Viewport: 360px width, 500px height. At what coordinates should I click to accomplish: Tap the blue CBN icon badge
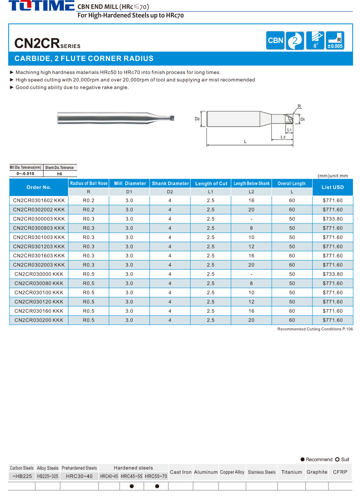[x=275, y=41]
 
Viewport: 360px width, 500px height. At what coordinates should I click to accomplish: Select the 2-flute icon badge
[x=295, y=41]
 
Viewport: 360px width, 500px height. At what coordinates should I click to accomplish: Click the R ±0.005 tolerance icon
[x=335, y=41]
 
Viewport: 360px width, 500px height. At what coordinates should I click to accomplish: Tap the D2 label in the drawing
[x=197, y=119]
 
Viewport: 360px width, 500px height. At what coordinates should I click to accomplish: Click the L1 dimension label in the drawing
[x=289, y=130]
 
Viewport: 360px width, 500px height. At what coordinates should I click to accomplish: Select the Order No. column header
[x=39, y=187]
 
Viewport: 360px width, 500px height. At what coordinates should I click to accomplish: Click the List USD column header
[x=333, y=187]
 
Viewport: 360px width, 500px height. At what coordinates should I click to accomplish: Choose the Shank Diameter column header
[x=170, y=183]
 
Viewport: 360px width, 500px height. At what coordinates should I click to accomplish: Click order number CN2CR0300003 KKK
[x=39, y=219]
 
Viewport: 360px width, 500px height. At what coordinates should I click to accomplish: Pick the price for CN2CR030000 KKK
[x=333, y=274]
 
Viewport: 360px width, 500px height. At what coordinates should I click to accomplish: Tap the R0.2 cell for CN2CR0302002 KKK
[x=88, y=210]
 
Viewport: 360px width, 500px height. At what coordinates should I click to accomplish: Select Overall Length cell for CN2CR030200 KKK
[x=292, y=320]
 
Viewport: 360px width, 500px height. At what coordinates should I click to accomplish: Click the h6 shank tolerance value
[x=59, y=174]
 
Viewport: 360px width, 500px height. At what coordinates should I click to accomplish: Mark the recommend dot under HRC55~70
[x=157, y=486]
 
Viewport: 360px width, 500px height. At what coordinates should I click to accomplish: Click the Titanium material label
[x=292, y=472]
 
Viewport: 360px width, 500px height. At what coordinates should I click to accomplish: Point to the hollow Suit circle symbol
[x=337, y=459]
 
